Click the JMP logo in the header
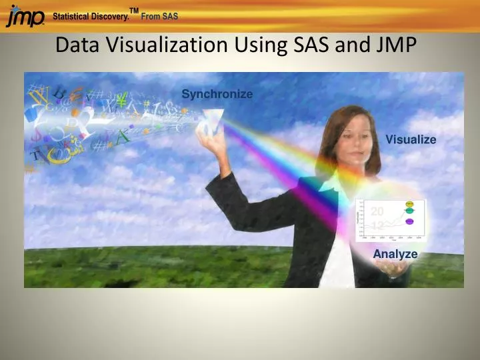point(25,16)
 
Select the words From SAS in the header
point(159,17)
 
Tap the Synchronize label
point(217,94)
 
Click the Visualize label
point(411,139)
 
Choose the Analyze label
point(395,254)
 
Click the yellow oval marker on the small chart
point(409,203)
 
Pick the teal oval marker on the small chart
point(409,211)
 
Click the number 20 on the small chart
point(377,211)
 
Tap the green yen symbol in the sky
point(121,101)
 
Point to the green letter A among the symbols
point(122,137)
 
